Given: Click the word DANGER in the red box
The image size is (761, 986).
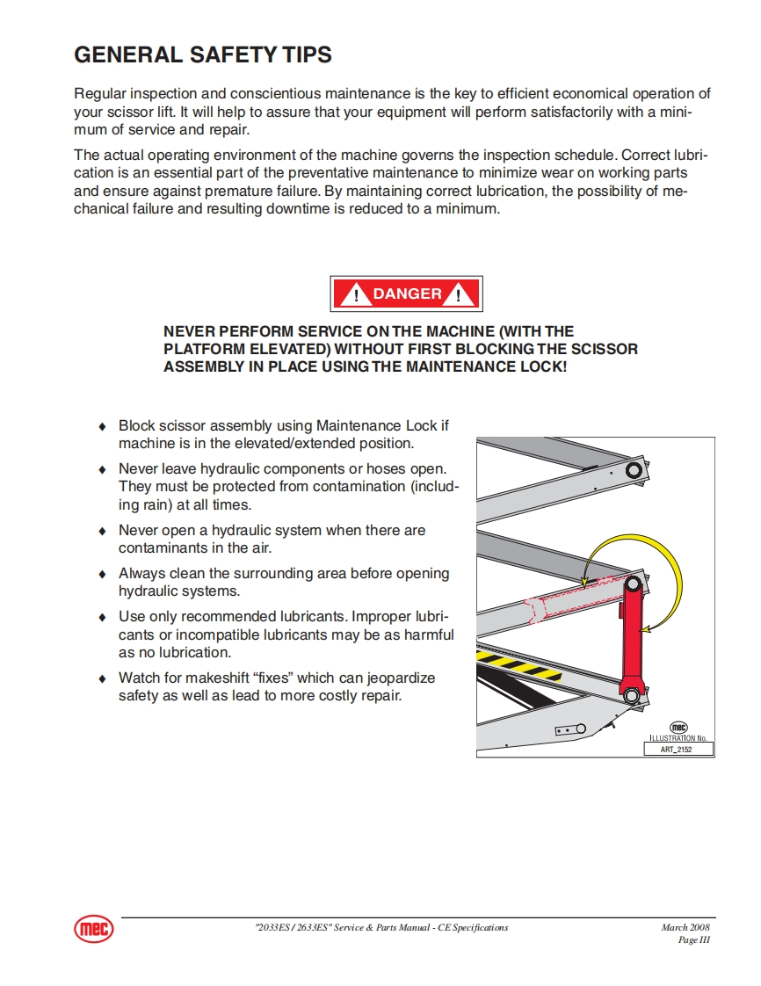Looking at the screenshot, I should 407,294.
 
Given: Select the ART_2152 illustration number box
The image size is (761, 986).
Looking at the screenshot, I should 678,750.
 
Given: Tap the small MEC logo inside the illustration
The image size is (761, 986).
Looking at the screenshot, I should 678,727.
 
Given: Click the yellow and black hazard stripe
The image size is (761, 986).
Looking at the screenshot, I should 518,665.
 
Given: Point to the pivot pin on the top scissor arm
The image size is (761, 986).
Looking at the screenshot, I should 633,471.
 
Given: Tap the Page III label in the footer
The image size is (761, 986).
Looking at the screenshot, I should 693,940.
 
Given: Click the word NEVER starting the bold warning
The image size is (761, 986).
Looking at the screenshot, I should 190,331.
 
